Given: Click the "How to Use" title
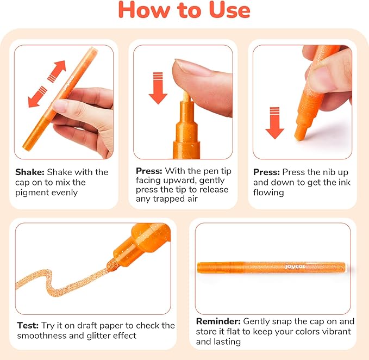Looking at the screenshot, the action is [184, 10].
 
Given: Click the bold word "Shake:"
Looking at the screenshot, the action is [30, 172].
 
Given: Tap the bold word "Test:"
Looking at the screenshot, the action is [28, 325].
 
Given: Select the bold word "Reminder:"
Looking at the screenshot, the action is [218, 321].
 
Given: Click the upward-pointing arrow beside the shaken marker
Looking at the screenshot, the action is [57, 71].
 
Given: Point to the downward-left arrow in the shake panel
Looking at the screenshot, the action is [37, 97].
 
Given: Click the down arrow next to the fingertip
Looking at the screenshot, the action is [158, 88].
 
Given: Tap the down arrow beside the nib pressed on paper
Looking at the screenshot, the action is [274, 123].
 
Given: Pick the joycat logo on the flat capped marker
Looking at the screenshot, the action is [295, 267].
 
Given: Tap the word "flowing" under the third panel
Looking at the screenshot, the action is [268, 193].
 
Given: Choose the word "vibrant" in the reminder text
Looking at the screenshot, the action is [336, 331].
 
